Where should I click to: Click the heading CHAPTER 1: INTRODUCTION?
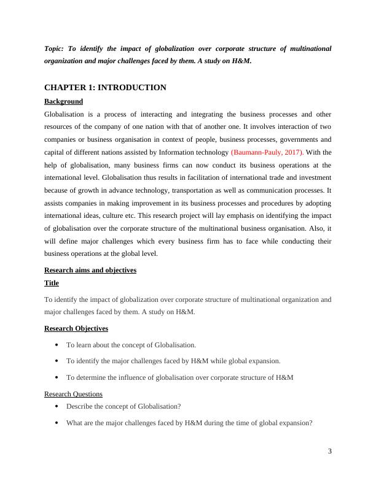105,88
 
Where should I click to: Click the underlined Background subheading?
63,101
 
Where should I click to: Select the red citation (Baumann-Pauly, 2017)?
267,152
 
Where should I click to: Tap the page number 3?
329,452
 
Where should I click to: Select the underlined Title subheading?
52,283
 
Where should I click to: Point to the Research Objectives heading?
76,329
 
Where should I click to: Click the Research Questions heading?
73,394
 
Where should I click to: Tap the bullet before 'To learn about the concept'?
57,345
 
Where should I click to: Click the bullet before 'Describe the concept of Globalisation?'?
57,406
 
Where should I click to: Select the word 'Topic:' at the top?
55,48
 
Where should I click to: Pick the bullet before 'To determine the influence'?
57,377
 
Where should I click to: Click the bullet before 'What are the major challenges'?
57,423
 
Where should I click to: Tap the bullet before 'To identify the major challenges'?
57,361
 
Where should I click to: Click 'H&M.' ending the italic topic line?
242,61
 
